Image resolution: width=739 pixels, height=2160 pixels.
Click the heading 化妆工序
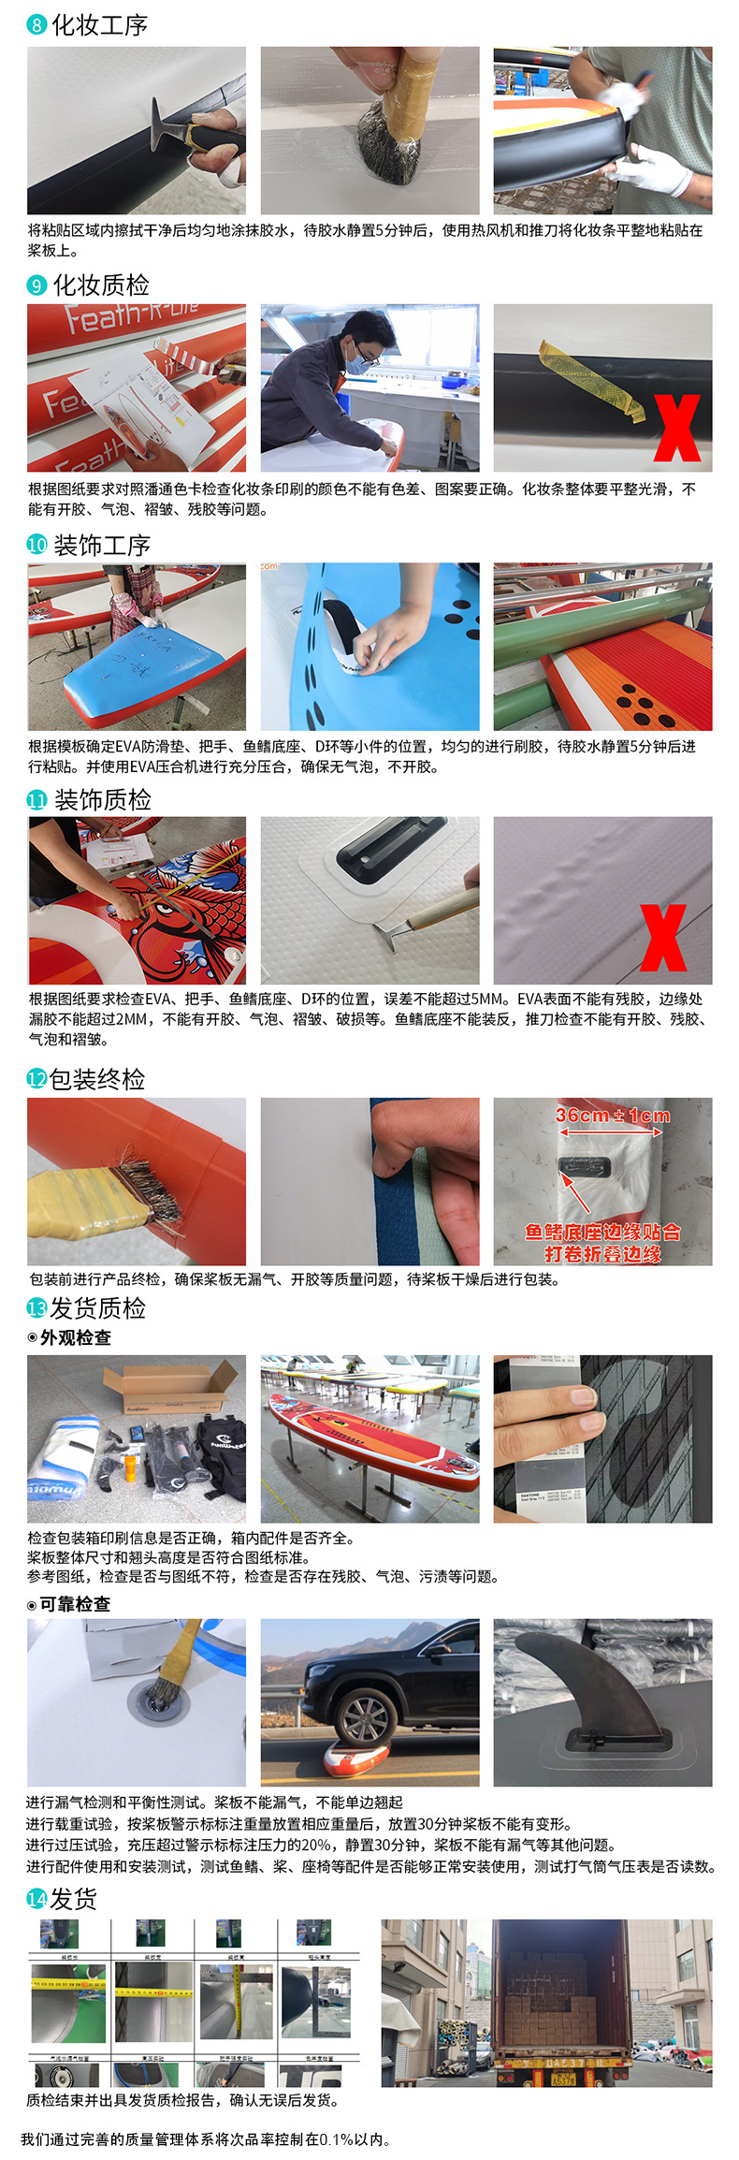pos(99,25)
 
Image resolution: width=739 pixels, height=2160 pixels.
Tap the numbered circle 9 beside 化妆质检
pos(36,285)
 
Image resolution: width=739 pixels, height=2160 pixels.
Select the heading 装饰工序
pos(102,546)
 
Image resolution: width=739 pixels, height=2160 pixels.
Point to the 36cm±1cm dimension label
pos(612,1116)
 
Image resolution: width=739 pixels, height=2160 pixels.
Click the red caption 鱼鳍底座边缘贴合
pos(602,1233)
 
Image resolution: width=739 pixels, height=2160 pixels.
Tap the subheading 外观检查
pos(75,1337)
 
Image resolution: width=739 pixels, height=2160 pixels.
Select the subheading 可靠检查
pos(75,1604)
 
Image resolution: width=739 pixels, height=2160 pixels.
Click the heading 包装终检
pos(97,1079)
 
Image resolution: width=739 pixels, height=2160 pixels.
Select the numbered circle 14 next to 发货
pos(36,1899)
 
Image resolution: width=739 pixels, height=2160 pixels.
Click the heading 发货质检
pos(97,1307)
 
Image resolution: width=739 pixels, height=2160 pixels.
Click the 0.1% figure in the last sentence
pos(334,2139)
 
